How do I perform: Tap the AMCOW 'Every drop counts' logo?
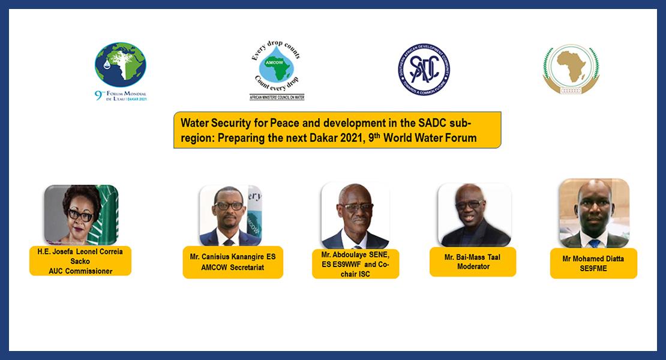pos(276,70)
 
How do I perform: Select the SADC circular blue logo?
pos(424,70)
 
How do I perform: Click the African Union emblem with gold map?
pos(571,70)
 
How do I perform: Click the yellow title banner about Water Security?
pos(337,130)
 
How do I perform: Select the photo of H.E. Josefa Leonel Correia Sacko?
pos(81,214)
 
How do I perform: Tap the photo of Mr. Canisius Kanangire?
pos(230,215)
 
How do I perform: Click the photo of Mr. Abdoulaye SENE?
pos(355,216)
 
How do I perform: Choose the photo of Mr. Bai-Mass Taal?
pos(474,215)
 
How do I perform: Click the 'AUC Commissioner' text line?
pos(80,270)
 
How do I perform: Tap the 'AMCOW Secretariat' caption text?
pos(233,266)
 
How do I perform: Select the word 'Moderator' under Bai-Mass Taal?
pos(473,266)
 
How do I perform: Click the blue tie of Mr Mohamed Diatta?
pos(594,243)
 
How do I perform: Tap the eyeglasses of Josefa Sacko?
pos(80,213)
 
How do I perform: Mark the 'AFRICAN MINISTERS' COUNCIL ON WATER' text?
pos(277,97)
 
